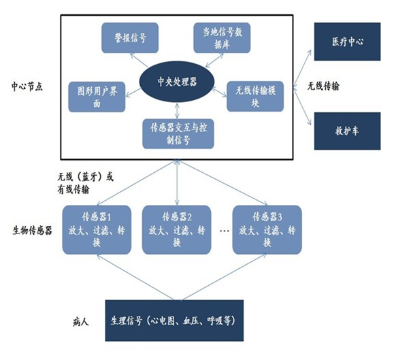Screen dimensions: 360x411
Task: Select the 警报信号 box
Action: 129,37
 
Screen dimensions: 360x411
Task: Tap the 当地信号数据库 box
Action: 222,37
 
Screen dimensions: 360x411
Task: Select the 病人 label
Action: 81,319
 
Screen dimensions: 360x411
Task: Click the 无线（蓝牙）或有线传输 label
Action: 85,182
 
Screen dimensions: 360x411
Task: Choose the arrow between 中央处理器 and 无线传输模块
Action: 219,92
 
